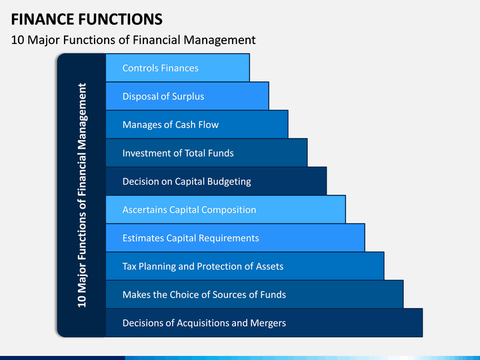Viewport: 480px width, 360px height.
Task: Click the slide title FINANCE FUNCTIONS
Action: [87, 19]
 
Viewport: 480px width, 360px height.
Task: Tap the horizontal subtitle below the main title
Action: [133, 40]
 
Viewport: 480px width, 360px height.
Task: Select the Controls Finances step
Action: [177, 67]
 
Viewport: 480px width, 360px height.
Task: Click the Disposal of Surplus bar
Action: [187, 96]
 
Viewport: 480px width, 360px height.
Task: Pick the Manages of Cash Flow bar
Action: [197, 124]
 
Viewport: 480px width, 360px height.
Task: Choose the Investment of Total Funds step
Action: [207, 153]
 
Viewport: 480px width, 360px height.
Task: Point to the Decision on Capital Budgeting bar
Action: [216, 181]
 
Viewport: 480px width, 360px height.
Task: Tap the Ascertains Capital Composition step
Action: [225, 209]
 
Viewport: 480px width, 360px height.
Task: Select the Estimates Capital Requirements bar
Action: [235, 238]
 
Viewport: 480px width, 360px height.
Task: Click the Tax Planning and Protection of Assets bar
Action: [245, 266]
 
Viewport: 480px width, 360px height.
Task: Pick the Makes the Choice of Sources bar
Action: [255, 295]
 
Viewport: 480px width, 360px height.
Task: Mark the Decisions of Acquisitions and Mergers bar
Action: [264, 323]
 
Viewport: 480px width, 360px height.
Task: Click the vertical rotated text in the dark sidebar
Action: [82, 195]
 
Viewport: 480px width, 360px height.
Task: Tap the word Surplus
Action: [188, 97]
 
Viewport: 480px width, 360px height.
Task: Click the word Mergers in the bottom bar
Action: [268, 323]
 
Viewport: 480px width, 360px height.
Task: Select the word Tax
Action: [129, 266]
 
